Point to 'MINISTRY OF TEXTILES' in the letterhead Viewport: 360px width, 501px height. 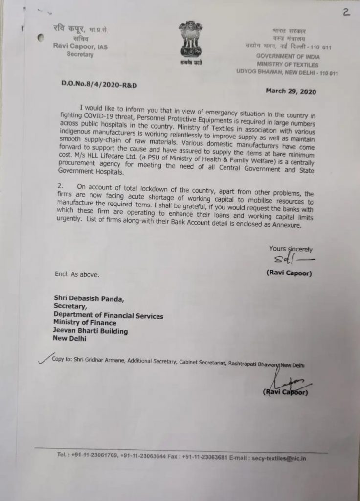287,65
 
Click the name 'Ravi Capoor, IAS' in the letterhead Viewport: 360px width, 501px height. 75,46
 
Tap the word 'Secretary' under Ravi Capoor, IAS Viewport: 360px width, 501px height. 80,54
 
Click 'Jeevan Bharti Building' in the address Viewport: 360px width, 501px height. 91,331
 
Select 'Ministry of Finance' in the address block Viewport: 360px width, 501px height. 85,323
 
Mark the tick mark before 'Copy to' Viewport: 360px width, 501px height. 43,360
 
